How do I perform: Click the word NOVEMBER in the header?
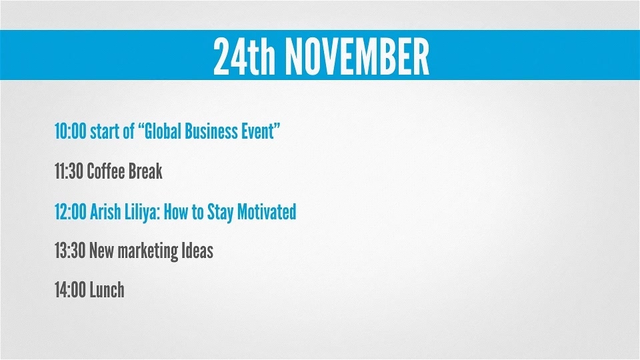click(357, 56)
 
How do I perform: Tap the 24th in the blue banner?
click(244, 56)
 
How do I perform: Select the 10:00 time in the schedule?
click(70, 131)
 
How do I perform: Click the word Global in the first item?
click(163, 131)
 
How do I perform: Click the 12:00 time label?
click(70, 212)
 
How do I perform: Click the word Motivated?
click(267, 212)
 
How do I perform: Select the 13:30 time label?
click(70, 251)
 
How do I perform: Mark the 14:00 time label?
click(70, 290)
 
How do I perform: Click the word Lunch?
click(107, 290)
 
